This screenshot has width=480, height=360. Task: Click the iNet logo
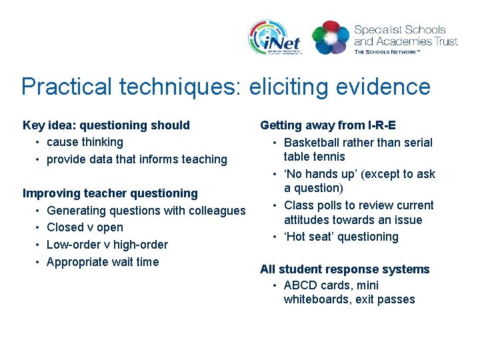[x=275, y=37]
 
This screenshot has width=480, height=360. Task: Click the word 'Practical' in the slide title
[x=64, y=87]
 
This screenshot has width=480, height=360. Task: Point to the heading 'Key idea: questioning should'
[x=106, y=125]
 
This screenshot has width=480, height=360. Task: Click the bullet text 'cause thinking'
[x=85, y=142]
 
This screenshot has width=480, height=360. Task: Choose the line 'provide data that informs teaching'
[x=137, y=159]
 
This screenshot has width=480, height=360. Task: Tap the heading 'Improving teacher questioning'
[x=110, y=193]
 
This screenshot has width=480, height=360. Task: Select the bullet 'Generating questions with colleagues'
[x=146, y=211]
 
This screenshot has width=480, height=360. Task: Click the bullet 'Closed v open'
[x=85, y=227]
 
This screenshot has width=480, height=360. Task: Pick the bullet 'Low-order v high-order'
[x=107, y=245]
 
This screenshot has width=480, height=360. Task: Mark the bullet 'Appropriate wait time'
[x=103, y=262]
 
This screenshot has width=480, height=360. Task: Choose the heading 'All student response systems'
[x=345, y=269]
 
